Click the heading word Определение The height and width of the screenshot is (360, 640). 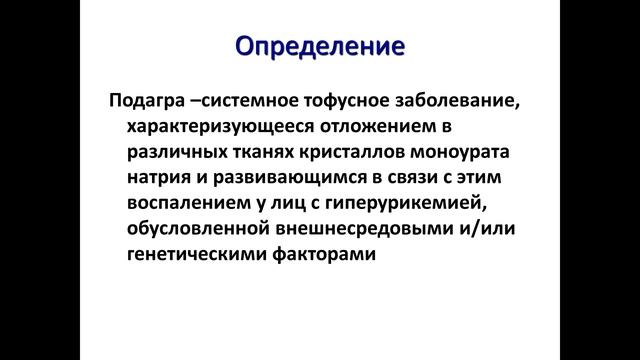(319, 46)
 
